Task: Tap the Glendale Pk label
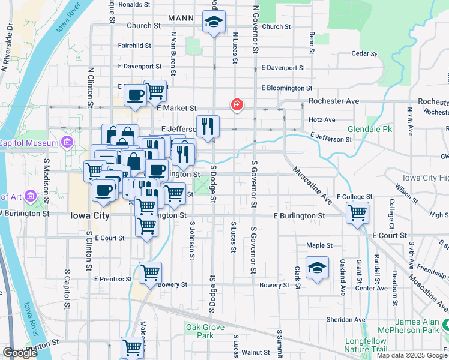(x=369, y=129)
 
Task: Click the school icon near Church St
(x=214, y=23)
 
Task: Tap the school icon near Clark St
(x=317, y=268)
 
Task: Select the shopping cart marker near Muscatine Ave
(x=357, y=213)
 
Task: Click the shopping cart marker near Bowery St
(x=150, y=273)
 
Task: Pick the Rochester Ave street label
(x=334, y=101)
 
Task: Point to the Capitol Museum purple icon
(x=66, y=143)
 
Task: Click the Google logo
(x=20, y=353)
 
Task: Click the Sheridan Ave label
(x=346, y=319)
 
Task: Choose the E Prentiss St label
(x=113, y=279)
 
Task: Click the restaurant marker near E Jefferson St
(x=208, y=127)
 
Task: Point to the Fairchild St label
(x=134, y=45)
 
